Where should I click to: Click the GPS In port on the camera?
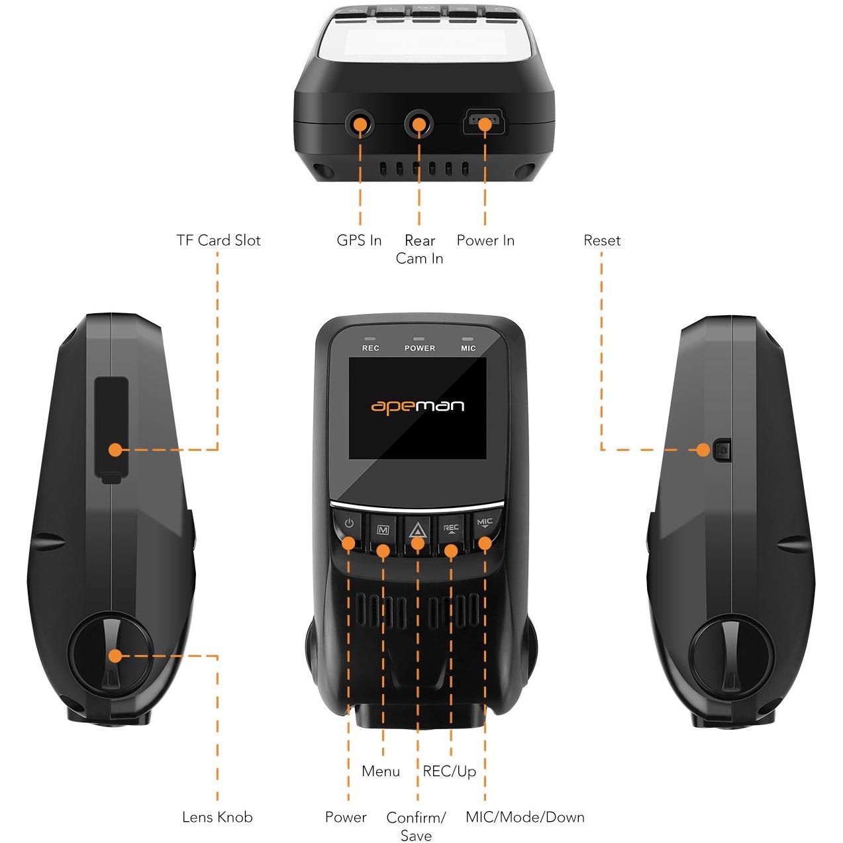(x=360, y=123)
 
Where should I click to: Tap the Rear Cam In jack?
(x=419, y=123)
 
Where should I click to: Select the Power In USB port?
(x=485, y=123)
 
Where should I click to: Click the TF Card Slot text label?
(x=218, y=240)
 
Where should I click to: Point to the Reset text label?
(x=601, y=240)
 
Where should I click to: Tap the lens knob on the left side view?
(x=111, y=656)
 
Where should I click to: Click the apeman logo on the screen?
(x=417, y=405)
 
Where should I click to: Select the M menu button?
(x=383, y=530)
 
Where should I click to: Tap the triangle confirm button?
(x=417, y=529)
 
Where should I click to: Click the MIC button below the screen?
(x=485, y=524)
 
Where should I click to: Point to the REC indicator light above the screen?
(x=370, y=339)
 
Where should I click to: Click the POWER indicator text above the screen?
(x=419, y=348)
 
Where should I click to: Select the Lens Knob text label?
(x=217, y=817)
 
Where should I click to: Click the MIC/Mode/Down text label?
(x=524, y=817)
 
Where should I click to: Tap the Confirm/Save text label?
(x=416, y=826)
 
